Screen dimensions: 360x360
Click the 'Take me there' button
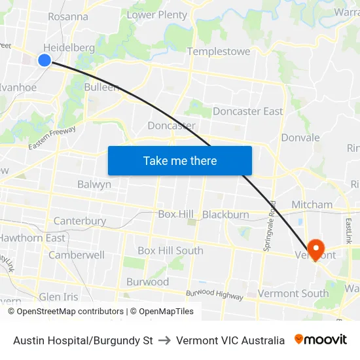(x=180, y=160)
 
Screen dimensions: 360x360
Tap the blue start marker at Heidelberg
(x=45, y=60)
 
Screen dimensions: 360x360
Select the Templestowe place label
(x=219, y=51)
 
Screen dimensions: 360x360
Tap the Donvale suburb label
(x=300, y=137)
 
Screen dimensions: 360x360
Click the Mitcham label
(x=312, y=204)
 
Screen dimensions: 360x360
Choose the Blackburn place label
(x=226, y=215)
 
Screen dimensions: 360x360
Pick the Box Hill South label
(x=170, y=251)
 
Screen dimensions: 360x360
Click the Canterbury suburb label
(x=80, y=221)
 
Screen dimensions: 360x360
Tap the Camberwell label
(x=77, y=255)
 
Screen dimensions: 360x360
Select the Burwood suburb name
(x=147, y=282)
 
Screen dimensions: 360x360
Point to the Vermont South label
(x=294, y=293)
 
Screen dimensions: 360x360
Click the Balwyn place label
(x=94, y=185)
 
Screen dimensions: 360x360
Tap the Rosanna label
(x=68, y=16)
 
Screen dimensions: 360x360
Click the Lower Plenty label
(x=157, y=14)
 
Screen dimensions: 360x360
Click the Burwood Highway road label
(x=214, y=295)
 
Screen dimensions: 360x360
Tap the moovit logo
(x=321, y=340)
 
